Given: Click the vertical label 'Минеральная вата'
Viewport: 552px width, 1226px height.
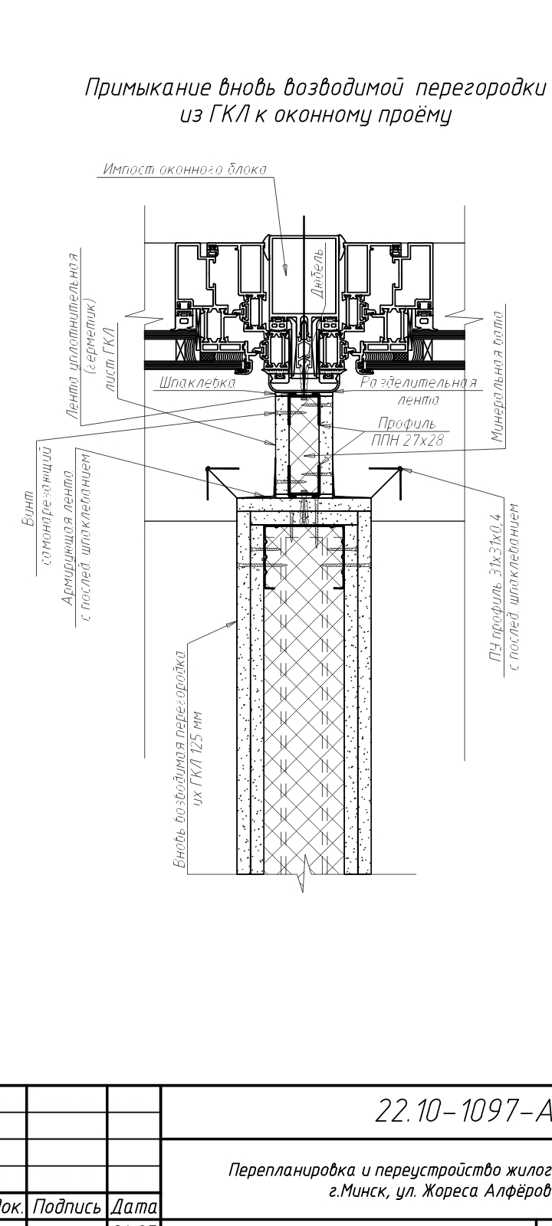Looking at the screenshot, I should pos(498,376).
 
